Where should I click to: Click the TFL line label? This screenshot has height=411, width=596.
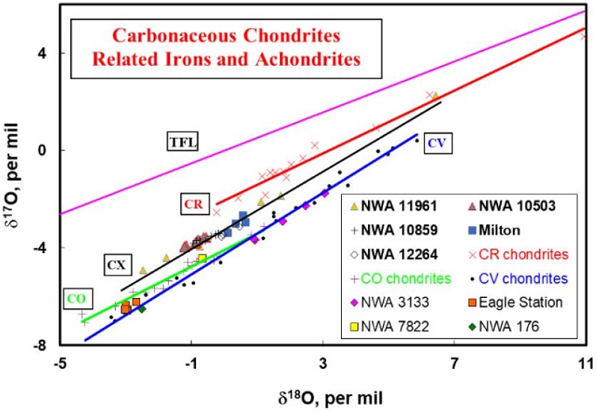tap(181, 141)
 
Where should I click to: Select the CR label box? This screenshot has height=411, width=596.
tap(191, 203)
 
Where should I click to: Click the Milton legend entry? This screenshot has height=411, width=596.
tap(510, 230)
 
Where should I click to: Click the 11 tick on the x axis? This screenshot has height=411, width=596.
tap(585, 361)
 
